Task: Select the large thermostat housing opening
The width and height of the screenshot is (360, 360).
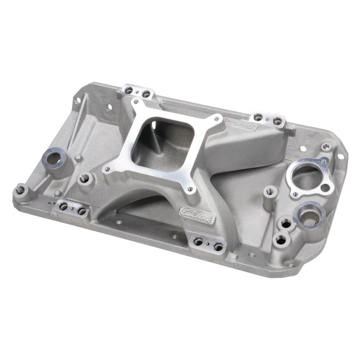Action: (x=308, y=177)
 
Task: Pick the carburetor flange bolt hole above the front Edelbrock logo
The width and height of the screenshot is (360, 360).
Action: (x=189, y=189)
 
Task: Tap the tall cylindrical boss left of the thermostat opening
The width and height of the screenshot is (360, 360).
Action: (x=270, y=192)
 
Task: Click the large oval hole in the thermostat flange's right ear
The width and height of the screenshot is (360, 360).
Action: (x=327, y=188)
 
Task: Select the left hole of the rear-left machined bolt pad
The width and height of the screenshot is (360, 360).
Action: (x=129, y=90)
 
